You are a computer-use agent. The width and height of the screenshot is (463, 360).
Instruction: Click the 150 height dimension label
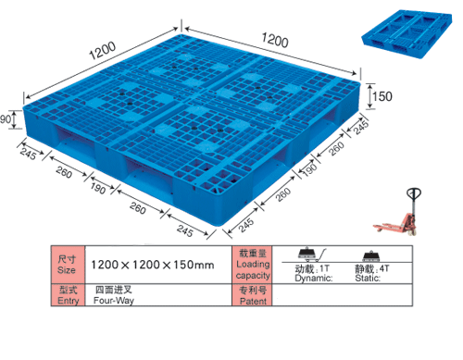[x=382, y=96]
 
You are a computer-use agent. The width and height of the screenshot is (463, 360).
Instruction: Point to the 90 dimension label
[x=6, y=119]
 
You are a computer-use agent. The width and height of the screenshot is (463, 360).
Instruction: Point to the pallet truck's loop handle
[x=414, y=193]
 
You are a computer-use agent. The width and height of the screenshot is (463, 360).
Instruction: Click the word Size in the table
[x=67, y=270]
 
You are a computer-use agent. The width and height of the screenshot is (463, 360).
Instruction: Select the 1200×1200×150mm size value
[x=153, y=265]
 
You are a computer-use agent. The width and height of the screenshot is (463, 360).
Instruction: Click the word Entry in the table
[x=69, y=300]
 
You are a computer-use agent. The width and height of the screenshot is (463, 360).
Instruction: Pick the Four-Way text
[x=114, y=301]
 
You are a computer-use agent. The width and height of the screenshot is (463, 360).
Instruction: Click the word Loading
[x=253, y=265]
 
